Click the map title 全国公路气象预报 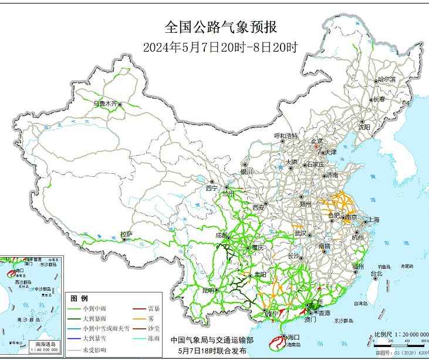pos(214,27)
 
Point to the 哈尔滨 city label pos(386,79)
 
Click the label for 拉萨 pos(126,234)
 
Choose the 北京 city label pos(316,141)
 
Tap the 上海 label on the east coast pos(373,220)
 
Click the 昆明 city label pos(208,290)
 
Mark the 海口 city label pos(293,337)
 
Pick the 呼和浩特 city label pos(286,136)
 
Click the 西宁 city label pos(211,189)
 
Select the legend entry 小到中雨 pos(94,308)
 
